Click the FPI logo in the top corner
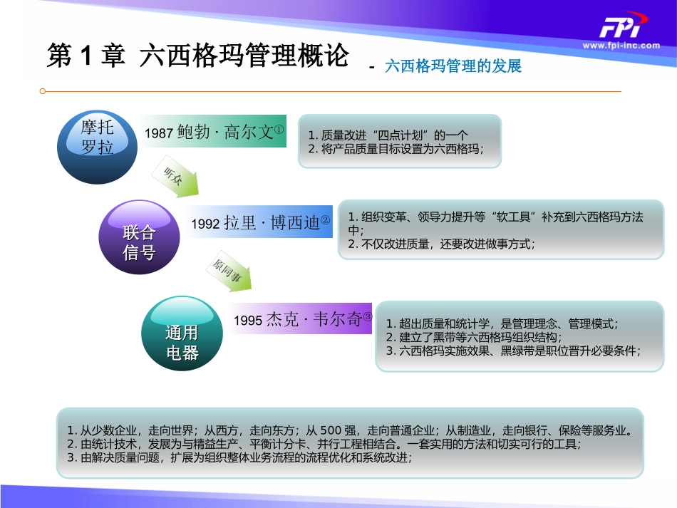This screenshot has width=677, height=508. click(x=619, y=28)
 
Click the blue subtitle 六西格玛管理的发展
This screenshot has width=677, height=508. click(x=453, y=66)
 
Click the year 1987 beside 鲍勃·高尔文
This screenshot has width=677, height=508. click(x=159, y=133)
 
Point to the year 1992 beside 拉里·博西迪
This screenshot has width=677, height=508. click(x=206, y=224)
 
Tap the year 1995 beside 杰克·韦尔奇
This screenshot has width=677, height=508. click(x=248, y=321)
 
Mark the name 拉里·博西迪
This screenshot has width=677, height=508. click(x=272, y=223)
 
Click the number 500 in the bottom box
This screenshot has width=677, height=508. click(x=333, y=430)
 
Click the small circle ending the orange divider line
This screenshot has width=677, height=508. click(x=43, y=91)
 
